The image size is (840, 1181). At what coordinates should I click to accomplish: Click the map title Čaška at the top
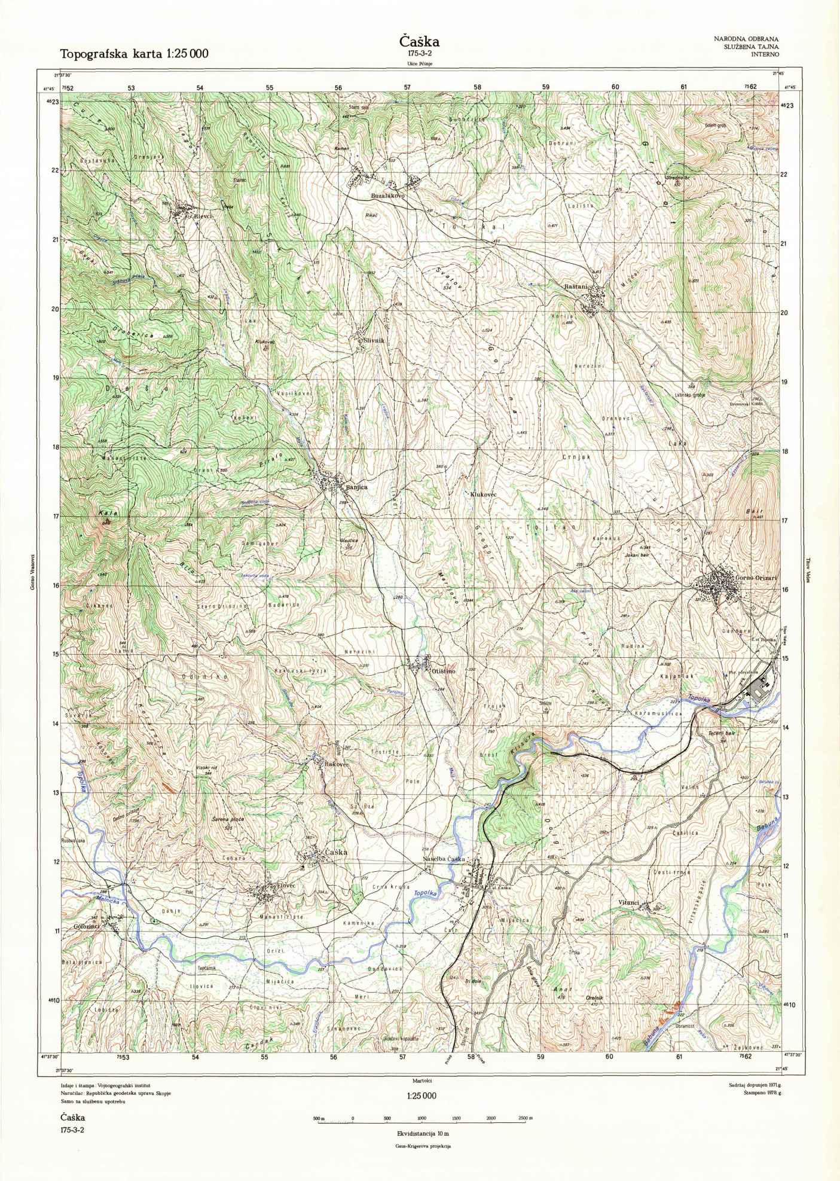(x=419, y=41)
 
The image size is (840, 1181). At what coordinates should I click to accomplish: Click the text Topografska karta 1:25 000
(x=134, y=54)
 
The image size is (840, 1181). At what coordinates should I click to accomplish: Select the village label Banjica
(x=356, y=487)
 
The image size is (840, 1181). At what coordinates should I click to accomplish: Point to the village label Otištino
(x=444, y=672)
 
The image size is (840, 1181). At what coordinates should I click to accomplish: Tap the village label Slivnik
(x=375, y=340)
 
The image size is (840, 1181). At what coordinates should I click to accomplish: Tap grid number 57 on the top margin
(x=408, y=87)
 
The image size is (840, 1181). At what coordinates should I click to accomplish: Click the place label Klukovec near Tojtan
(x=484, y=495)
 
